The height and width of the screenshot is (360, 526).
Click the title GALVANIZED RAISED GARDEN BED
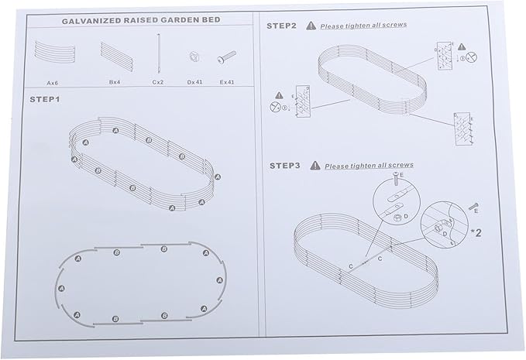pyautogui.click(x=141, y=20)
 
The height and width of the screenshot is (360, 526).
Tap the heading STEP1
pyautogui.click(x=45, y=100)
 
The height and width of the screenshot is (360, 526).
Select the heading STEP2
pyautogui.click(x=281, y=26)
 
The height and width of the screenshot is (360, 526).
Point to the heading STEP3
pyautogui.click(x=284, y=166)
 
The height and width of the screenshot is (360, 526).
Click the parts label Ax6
pyautogui.click(x=53, y=83)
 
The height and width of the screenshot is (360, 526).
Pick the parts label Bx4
pyautogui.click(x=115, y=82)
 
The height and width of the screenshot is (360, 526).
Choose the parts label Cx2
pyautogui.click(x=158, y=82)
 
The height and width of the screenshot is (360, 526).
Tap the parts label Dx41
pyautogui.click(x=194, y=82)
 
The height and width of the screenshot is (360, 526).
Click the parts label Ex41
pyautogui.click(x=227, y=82)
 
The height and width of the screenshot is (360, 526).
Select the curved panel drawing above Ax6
pyautogui.click(x=53, y=53)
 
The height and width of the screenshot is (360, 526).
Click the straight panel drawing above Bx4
pyautogui.click(x=117, y=57)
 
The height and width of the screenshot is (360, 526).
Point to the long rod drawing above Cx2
pyautogui.click(x=159, y=53)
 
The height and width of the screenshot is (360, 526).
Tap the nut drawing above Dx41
pyautogui.click(x=194, y=57)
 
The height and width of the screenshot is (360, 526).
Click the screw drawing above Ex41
pyautogui.click(x=226, y=57)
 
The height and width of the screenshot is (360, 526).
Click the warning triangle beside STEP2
pyautogui.click(x=311, y=26)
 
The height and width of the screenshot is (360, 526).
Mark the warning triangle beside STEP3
pyautogui.click(x=315, y=165)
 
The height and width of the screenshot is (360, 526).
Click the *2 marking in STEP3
pyautogui.click(x=476, y=232)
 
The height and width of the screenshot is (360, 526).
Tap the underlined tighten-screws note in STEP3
pyautogui.click(x=369, y=166)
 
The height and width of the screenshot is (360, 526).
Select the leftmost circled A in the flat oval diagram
pyautogui.click(x=61, y=288)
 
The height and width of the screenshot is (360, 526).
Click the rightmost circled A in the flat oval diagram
pyautogui.click(x=220, y=280)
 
